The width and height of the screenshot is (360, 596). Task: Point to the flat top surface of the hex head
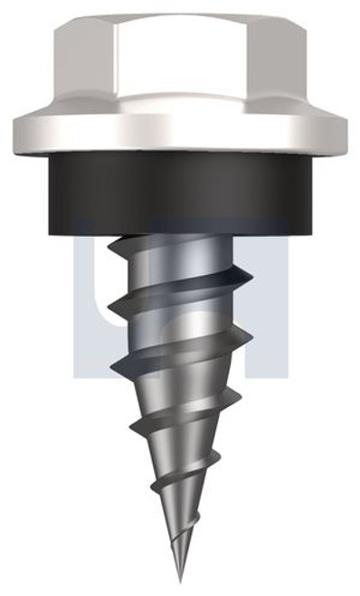tap(180, 19)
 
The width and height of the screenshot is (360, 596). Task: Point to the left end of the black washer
tap(41, 185)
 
